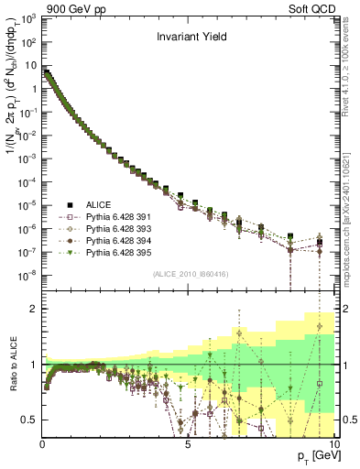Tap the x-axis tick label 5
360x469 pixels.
[x=187, y=444]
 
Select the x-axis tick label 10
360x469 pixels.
[x=331, y=444]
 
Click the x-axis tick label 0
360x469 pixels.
[x=42, y=444]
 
